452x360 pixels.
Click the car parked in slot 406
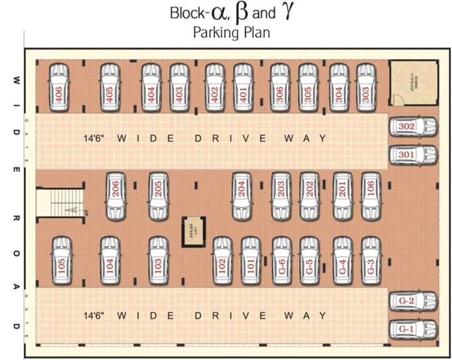click(x=59, y=88)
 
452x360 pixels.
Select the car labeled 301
click(x=413, y=155)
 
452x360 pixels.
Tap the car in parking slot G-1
click(x=413, y=330)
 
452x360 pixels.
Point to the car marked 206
click(x=116, y=196)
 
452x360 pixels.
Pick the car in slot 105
click(x=61, y=261)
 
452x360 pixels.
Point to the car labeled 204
click(x=242, y=196)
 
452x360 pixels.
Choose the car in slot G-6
click(x=282, y=261)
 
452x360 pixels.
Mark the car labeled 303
click(x=366, y=88)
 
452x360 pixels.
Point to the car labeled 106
click(x=371, y=196)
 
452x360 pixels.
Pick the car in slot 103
click(x=158, y=261)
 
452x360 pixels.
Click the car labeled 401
click(x=243, y=88)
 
